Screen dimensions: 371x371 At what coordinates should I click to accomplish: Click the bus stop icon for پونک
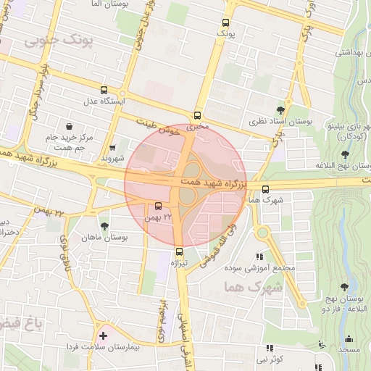click(x=225, y=22)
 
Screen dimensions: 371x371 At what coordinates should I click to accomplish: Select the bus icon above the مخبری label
click(x=198, y=115)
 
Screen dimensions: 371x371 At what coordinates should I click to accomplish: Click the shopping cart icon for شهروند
click(x=112, y=147)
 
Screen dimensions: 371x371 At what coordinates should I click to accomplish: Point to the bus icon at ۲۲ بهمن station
click(x=158, y=205)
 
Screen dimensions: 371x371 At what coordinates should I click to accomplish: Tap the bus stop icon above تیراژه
click(x=179, y=251)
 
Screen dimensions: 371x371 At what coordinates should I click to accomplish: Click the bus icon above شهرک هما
click(x=265, y=189)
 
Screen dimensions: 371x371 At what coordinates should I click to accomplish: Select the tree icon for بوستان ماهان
click(x=104, y=226)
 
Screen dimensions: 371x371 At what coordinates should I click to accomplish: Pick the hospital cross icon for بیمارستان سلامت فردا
click(x=104, y=335)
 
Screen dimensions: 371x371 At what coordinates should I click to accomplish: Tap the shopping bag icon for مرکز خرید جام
click(x=69, y=126)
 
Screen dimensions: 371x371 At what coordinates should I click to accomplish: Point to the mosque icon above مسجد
click(x=350, y=338)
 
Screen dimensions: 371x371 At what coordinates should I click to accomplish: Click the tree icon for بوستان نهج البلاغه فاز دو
click(x=343, y=287)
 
